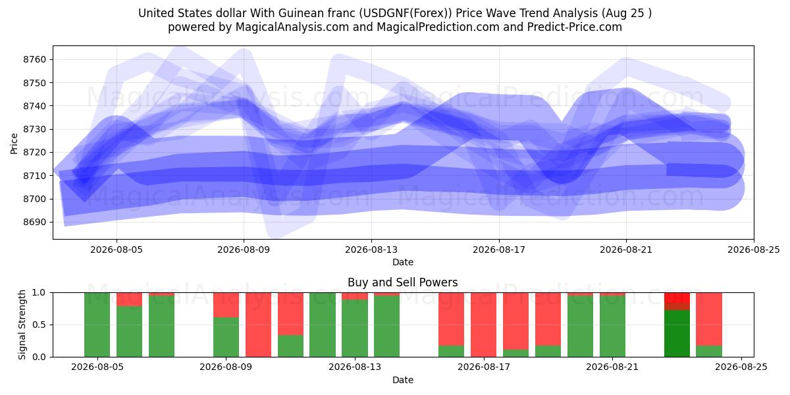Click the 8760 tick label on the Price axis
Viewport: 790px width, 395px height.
(x=34, y=60)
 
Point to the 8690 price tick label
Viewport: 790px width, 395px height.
(x=34, y=223)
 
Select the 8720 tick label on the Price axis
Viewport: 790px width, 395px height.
(x=34, y=152)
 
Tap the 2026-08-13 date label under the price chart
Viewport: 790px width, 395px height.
(x=371, y=250)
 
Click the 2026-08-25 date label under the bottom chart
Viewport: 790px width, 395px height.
(x=741, y=367)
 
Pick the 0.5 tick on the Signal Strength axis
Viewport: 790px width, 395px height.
(x=39, y=325)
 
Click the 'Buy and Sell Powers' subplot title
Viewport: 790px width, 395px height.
(x=403, y=282)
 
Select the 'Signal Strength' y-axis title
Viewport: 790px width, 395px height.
(x=22, y=325)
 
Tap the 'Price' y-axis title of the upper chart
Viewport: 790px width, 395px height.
(x=14, y=144)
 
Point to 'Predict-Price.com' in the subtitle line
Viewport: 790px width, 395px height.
(x=575, y=27)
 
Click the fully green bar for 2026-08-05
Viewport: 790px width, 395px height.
(x=97, y=325)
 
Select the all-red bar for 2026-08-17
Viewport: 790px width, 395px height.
(x=483, y=325)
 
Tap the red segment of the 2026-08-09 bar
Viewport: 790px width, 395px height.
(x=226, y=305)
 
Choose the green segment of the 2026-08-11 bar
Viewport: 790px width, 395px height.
(x=290, y=346)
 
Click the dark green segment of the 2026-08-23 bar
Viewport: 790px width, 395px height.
(x=677, y=333)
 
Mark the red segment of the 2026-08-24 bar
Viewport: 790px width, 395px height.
(x=709, y=319)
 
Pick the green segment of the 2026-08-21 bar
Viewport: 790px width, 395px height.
(x=613, y=327)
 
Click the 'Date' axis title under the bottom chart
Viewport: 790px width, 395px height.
(x=403, y=380)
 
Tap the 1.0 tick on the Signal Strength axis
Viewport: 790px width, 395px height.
(x=39, y=292)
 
